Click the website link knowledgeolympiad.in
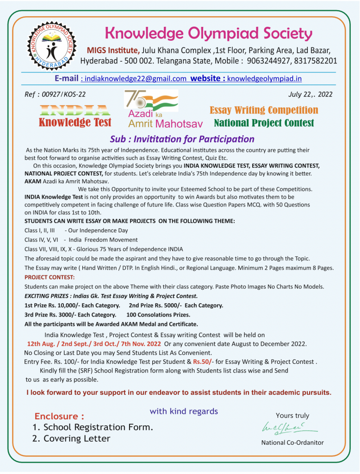pos(264,79)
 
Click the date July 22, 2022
pos(310,94)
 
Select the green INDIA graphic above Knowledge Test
pos(74,111)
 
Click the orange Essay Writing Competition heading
pos(264,110)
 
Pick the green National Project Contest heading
pos(264,123)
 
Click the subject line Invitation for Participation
pos(182,139)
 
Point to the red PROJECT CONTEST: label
pos(50,277)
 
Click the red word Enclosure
pos(59,416)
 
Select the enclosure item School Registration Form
pos(98,427)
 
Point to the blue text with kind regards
pos(183,411)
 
